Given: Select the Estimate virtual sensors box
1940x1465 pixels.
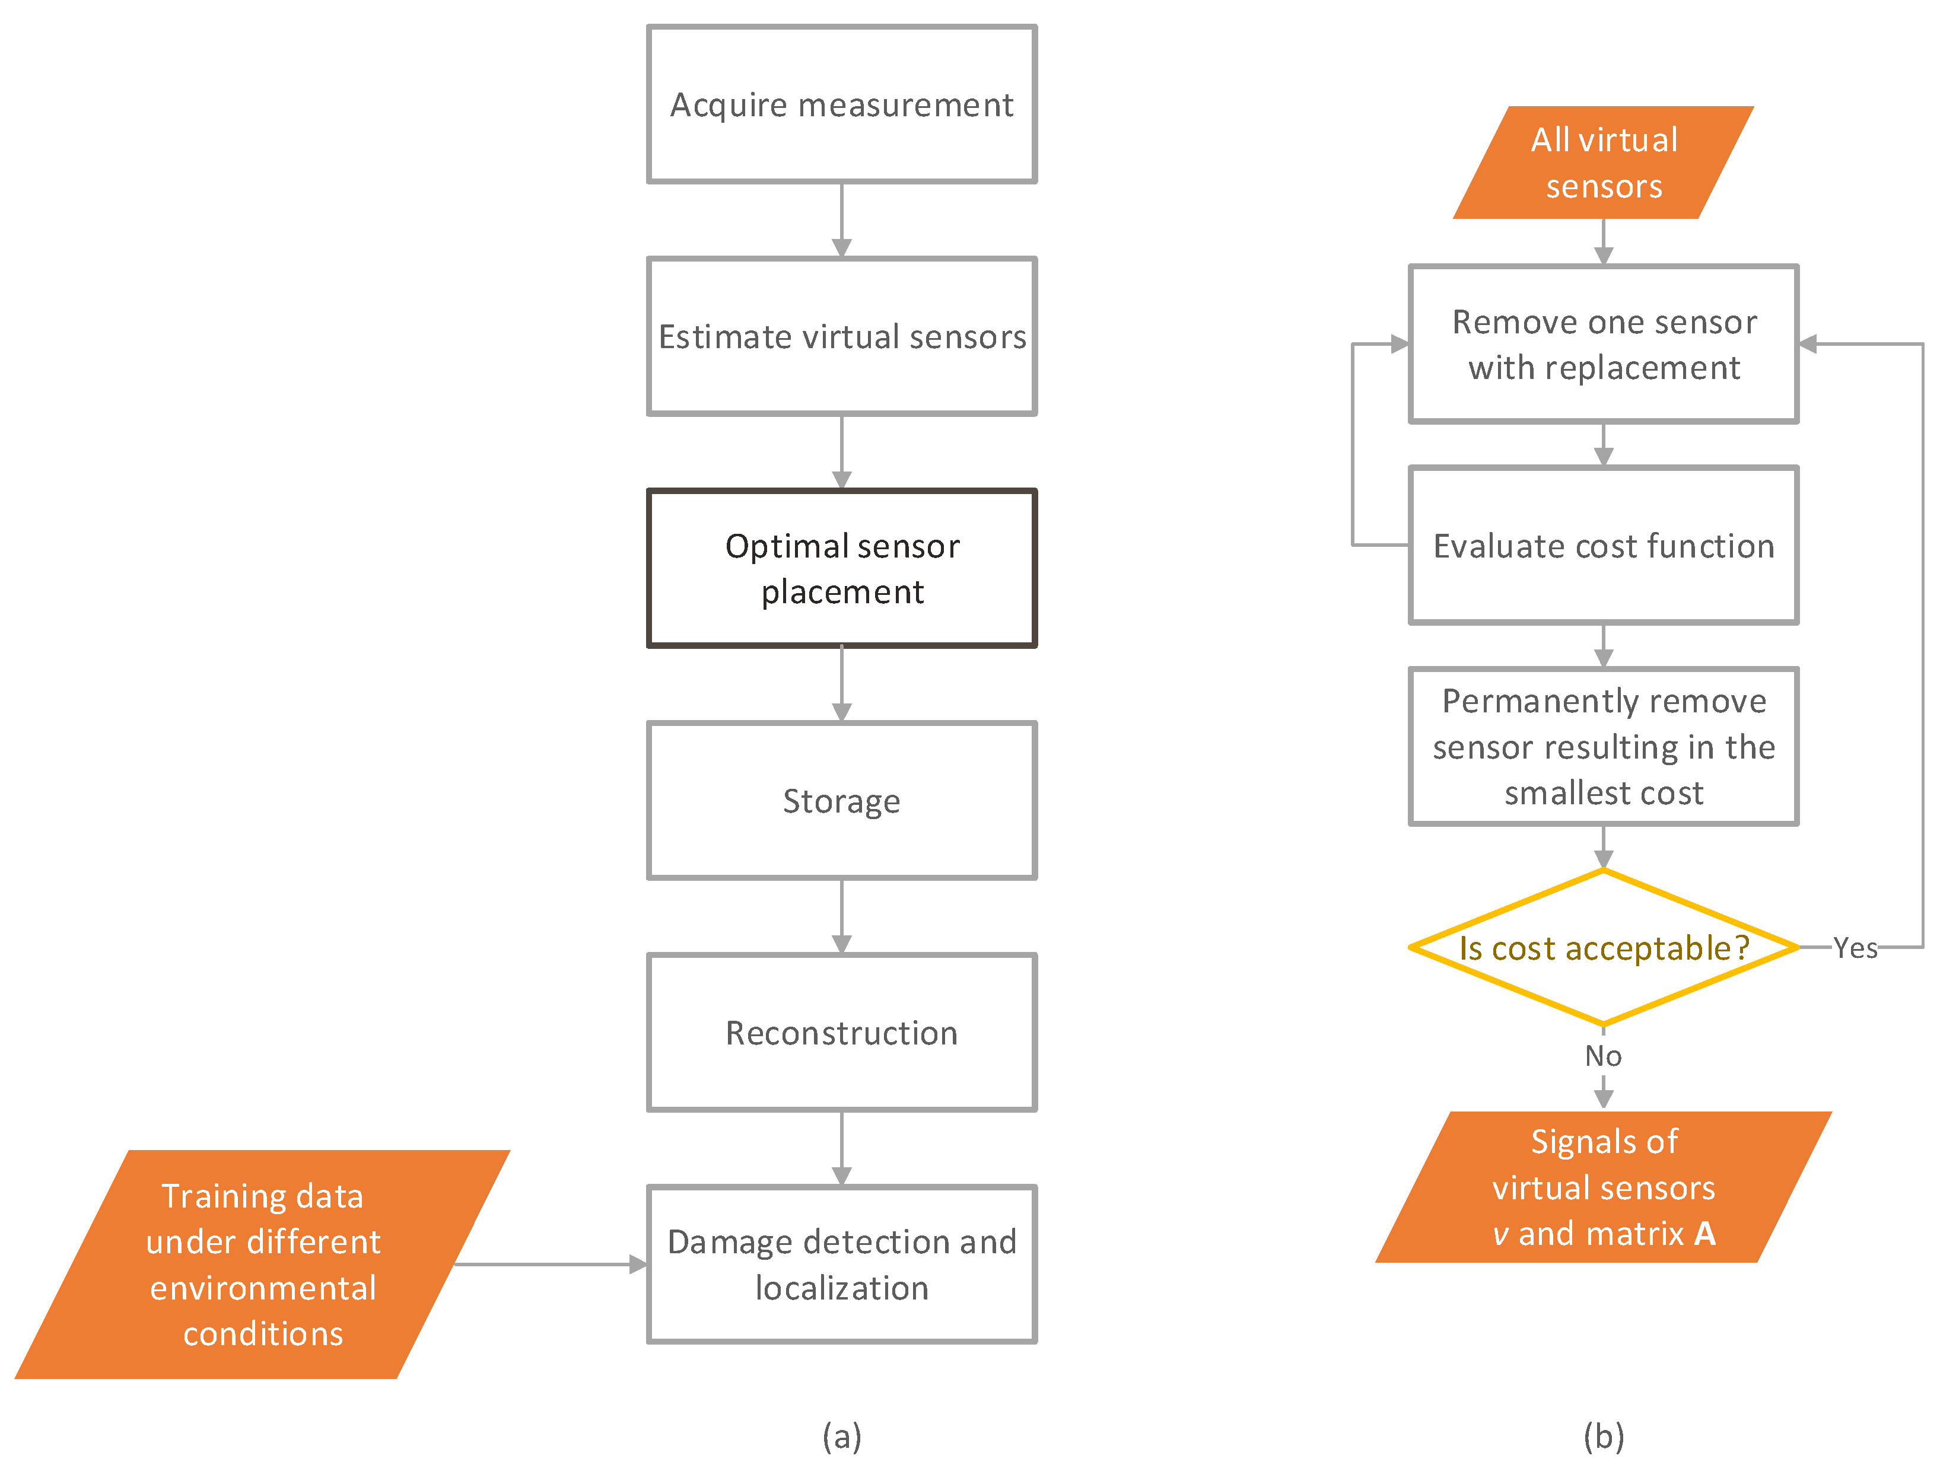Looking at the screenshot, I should click(x=841, y=336).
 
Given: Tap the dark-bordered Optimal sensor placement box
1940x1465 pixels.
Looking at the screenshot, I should click(x=841, y=568).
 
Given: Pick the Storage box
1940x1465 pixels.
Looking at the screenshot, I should click(x=841, y=801).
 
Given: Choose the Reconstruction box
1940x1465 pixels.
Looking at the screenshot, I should click(x=841, y=1032).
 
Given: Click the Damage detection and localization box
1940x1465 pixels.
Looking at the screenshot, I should click(x=841, y=1265).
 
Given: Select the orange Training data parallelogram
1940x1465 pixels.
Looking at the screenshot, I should click(x=262, y=1265).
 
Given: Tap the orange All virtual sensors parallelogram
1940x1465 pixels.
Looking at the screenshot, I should click(x=1603, y=162).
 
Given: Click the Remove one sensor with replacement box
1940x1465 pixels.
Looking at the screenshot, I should click(x=1603, y=343).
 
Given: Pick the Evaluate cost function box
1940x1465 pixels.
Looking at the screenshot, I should click(x=1603, y=545).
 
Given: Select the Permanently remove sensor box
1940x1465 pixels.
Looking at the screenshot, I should click(x=1603, y=746).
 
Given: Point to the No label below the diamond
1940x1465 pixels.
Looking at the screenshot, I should click(x=1603, y=1056).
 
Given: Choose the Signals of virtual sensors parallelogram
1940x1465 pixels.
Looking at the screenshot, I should click(x=1603, y=1187).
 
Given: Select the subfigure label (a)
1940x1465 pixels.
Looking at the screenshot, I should click(x=841, y=1436).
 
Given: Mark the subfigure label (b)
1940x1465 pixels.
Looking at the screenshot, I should click(x=1603, y=1436).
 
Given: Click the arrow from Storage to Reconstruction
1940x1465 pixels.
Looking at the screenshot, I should click(x=841, y=916).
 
